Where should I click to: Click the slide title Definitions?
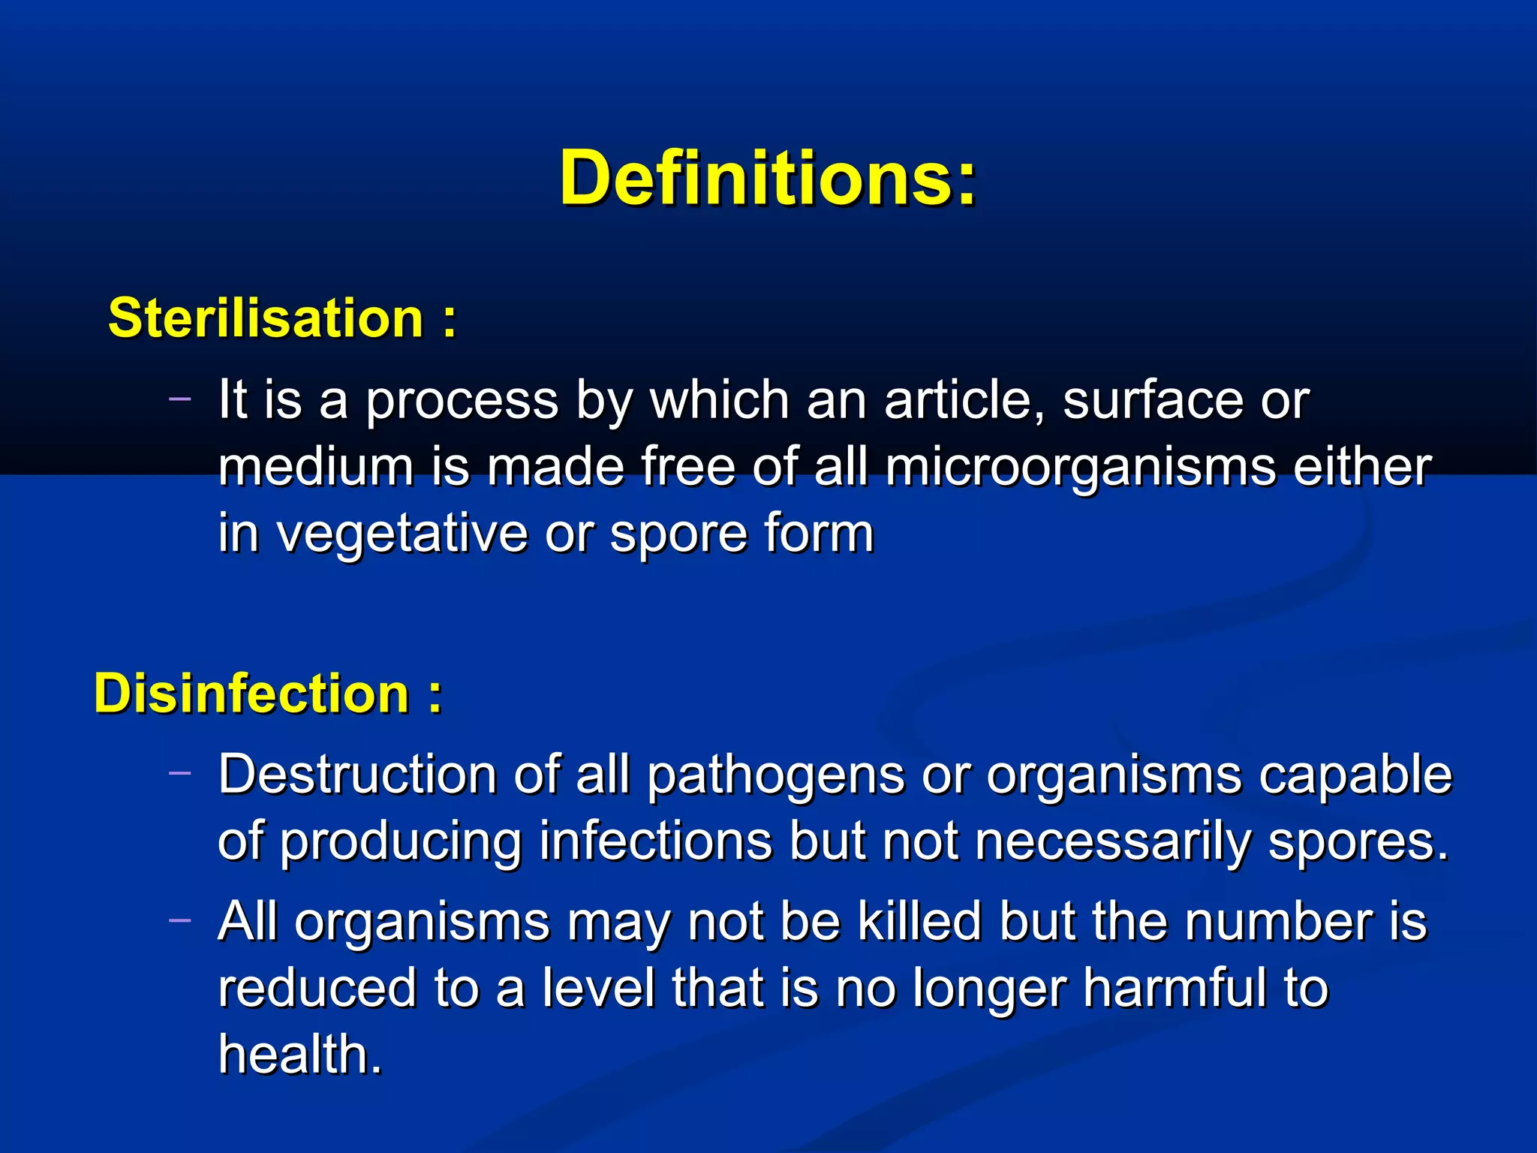(x=768, y=179)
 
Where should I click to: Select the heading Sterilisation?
(x=266, y=318)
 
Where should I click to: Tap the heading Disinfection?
(x=251, y=693)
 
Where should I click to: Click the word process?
(x=462, y=402)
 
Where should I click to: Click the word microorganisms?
(x=1081, y=468)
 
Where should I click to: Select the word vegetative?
(x=402, y=534)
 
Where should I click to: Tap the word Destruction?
(x=357, y=774)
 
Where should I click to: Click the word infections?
(x=655, y=841)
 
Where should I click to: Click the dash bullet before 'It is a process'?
(x=180, y=398)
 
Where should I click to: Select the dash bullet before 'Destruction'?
(x=180, y=772)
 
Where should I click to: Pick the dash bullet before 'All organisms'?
(x=180, y=920)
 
